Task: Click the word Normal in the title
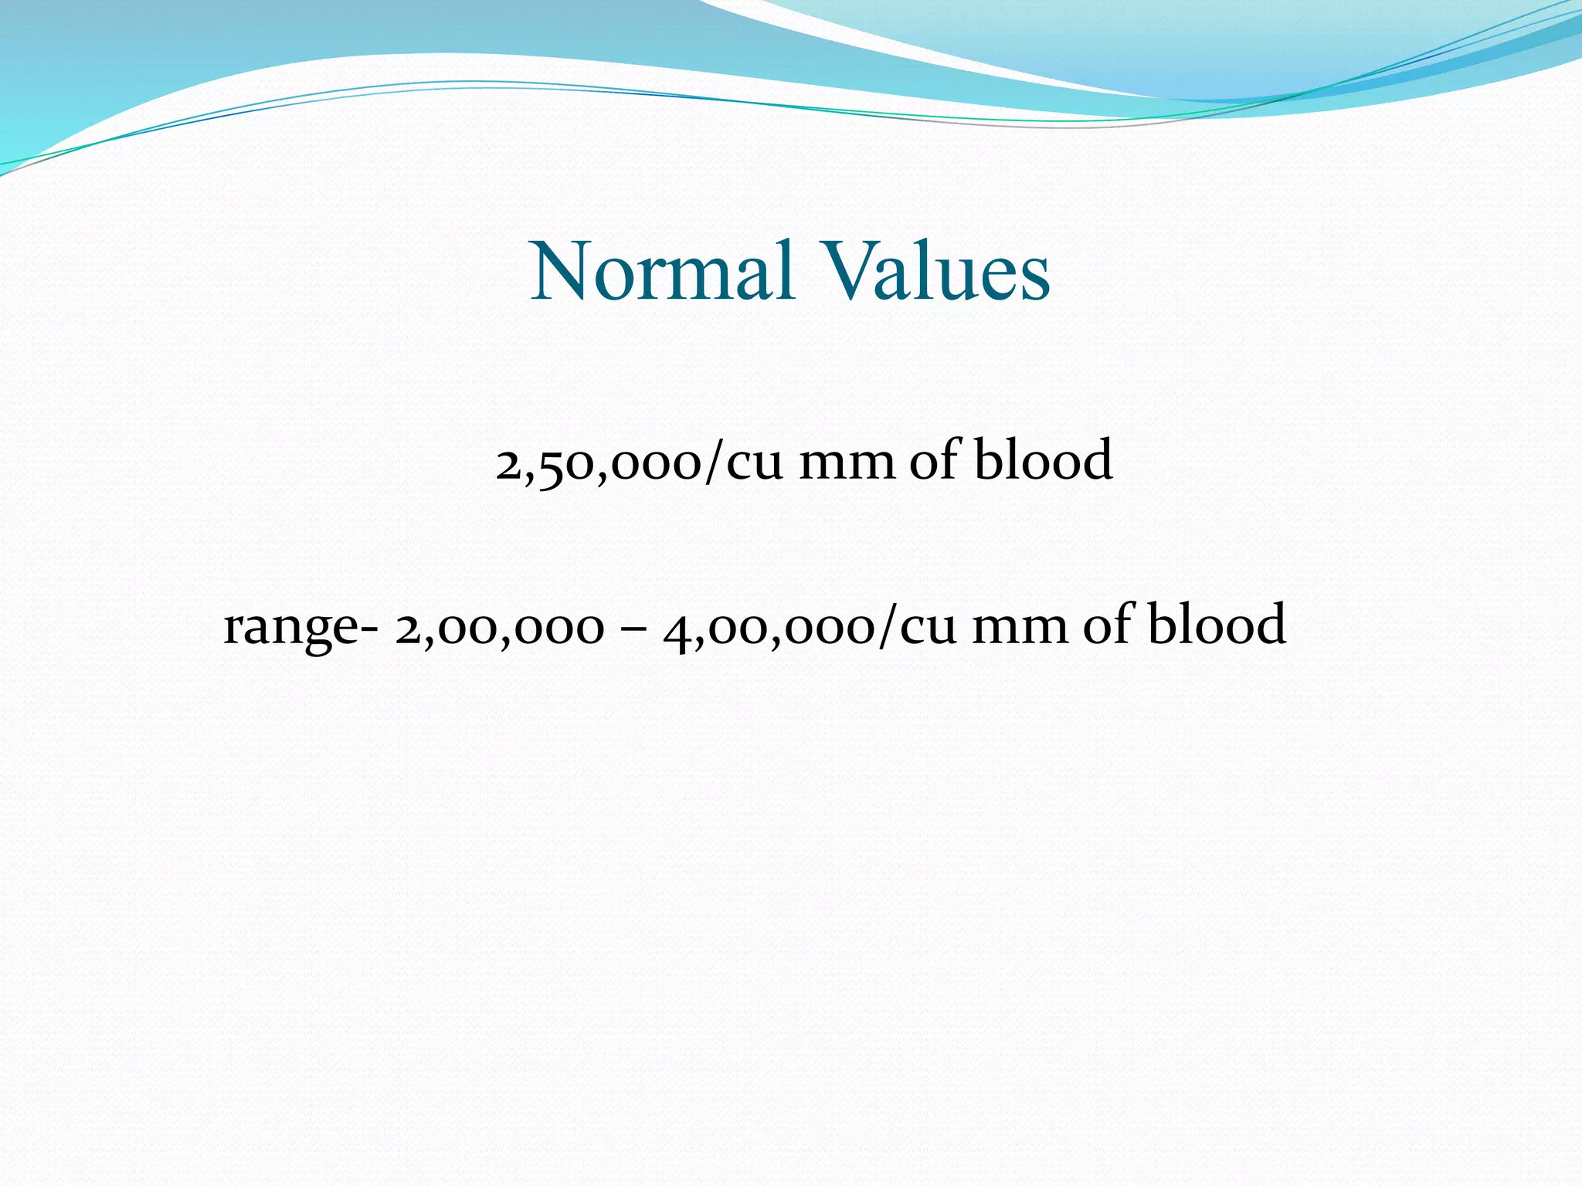coord(663,272)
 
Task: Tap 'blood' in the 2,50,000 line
coord(1043,460)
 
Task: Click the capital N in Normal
coord(561,272)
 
